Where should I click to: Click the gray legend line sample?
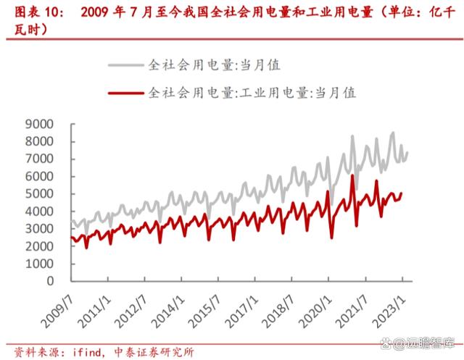click(x=125, y=65)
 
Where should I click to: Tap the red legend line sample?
click(x=125, y=93)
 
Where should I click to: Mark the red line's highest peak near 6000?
click(x=352, y=175)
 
